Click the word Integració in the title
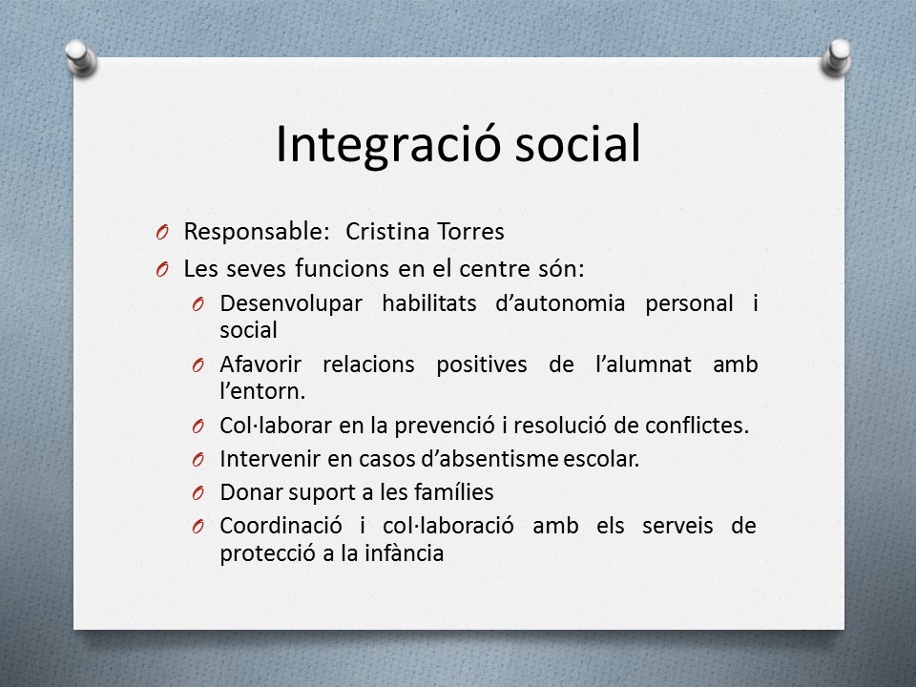[388, 145]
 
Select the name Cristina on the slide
[387, 231]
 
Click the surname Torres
[470, 231]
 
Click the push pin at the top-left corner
[80, 57]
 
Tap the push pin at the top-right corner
[837, 57]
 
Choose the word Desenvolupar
[291, 304]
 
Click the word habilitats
[429, 303]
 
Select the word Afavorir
[260, 364]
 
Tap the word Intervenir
[270, 459]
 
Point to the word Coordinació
[281, 526]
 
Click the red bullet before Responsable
[162, 233]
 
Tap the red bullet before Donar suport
[198, 493]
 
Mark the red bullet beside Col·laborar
[198, 427]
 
